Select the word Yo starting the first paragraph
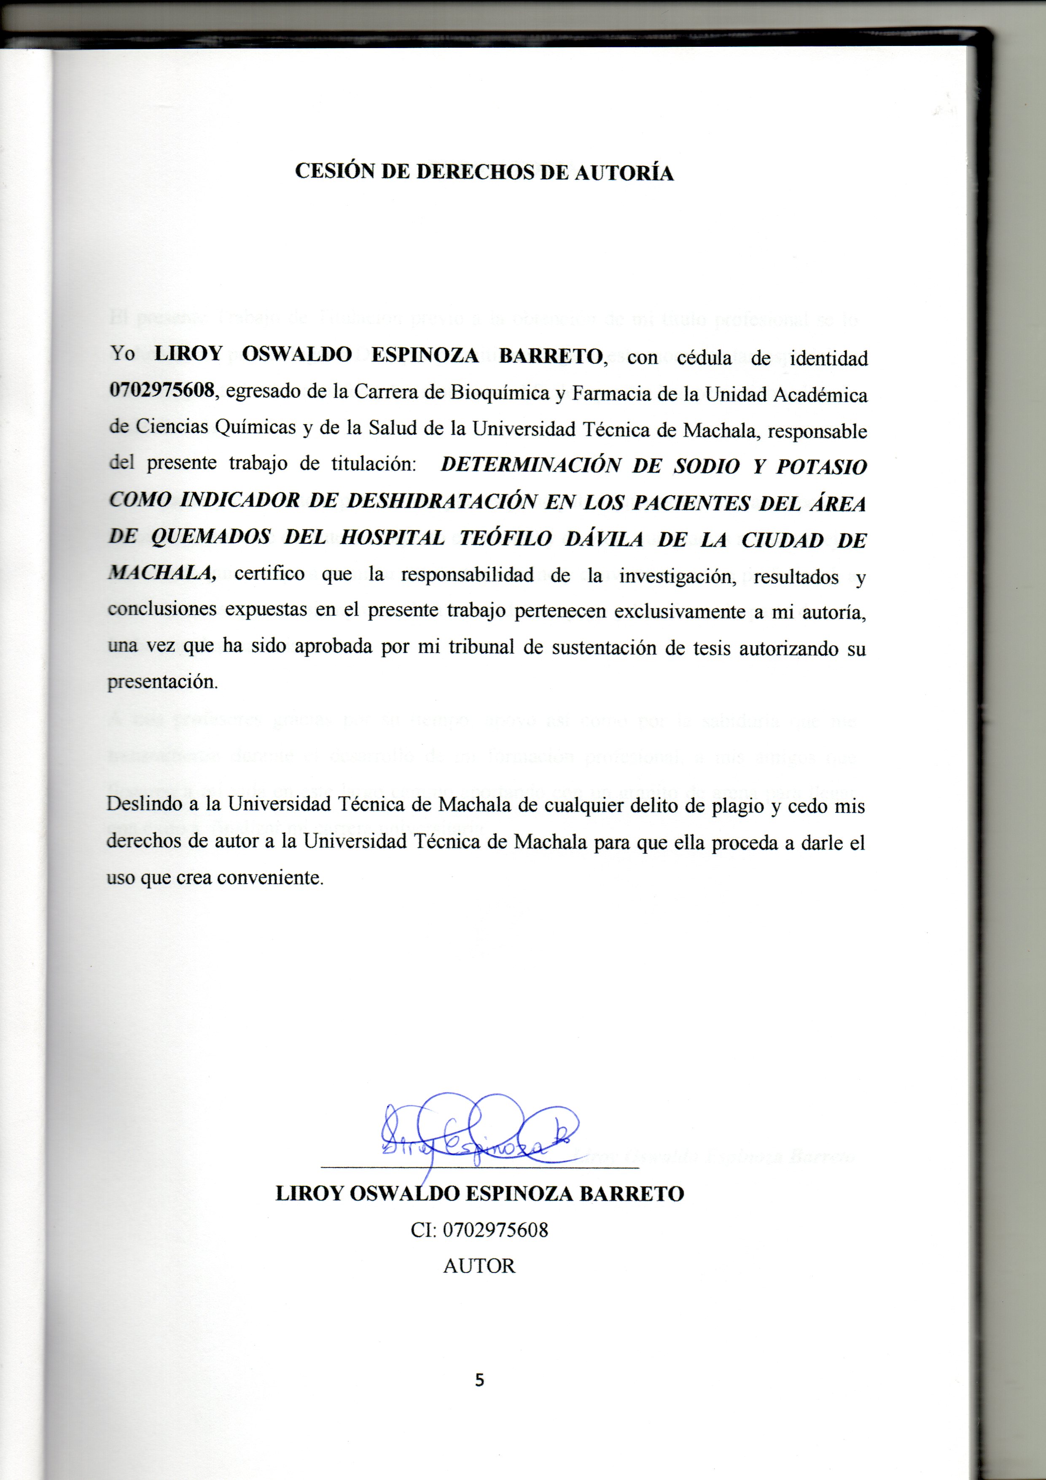[122, 353]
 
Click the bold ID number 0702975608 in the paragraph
[161, 390]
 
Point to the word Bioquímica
[500, 393]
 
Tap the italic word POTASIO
[821, 466]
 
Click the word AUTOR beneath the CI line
[479, 1266]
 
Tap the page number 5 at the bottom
[479, 1380]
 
